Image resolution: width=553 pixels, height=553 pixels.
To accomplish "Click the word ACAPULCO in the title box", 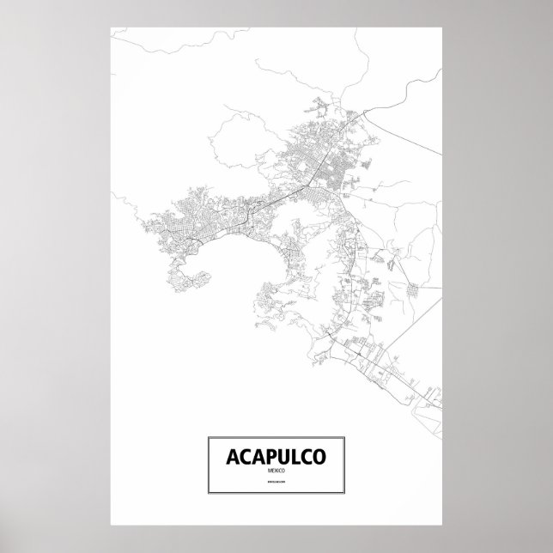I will [x=276, y=456].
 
